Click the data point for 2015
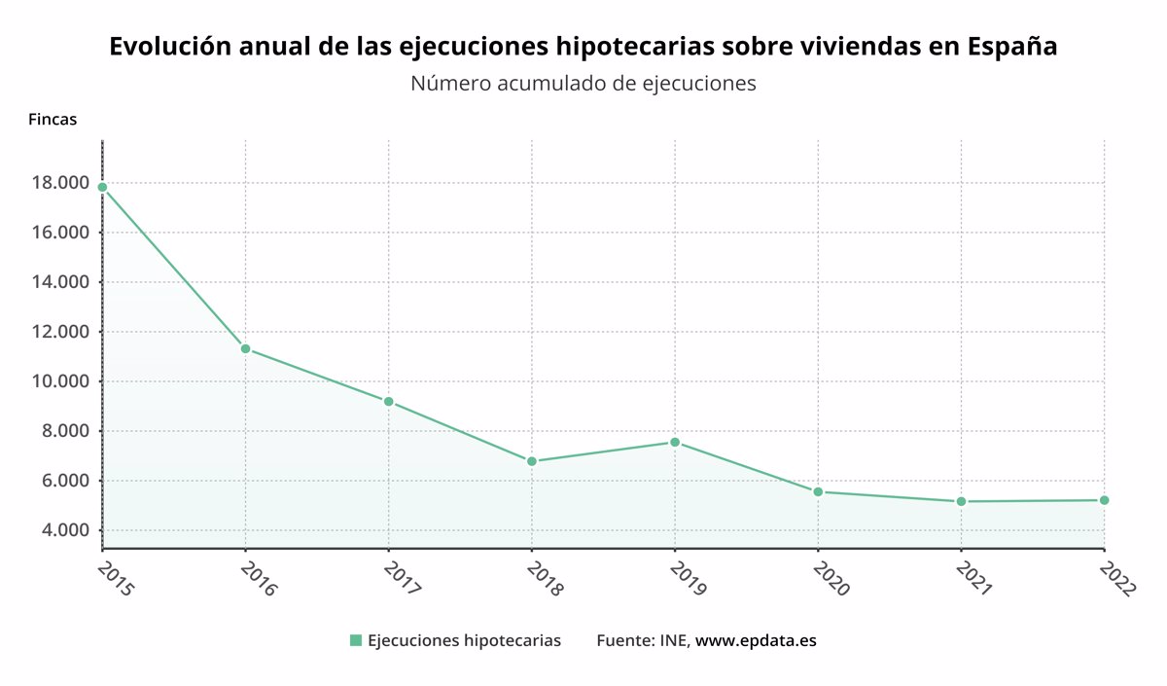[103, 187]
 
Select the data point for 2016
[245, 348]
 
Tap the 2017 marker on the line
[389, 401]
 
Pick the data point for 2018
[532, 461]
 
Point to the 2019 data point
[675, 443]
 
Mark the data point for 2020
[818, 492]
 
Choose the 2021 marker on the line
[961, 501]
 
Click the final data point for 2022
[1104, 500]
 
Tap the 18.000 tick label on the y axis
[61, 183]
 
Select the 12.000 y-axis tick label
[61, 332]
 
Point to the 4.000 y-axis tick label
[66, 530]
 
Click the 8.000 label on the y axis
[66, 431]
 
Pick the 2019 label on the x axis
[689, 578]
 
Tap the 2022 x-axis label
[1117, 579]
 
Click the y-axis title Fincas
[53, 120]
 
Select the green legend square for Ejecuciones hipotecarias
[356, 640]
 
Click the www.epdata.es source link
[756, 640]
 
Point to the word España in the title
[1012, 47]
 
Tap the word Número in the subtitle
[450, 84]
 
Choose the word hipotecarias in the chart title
[634, 47]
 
